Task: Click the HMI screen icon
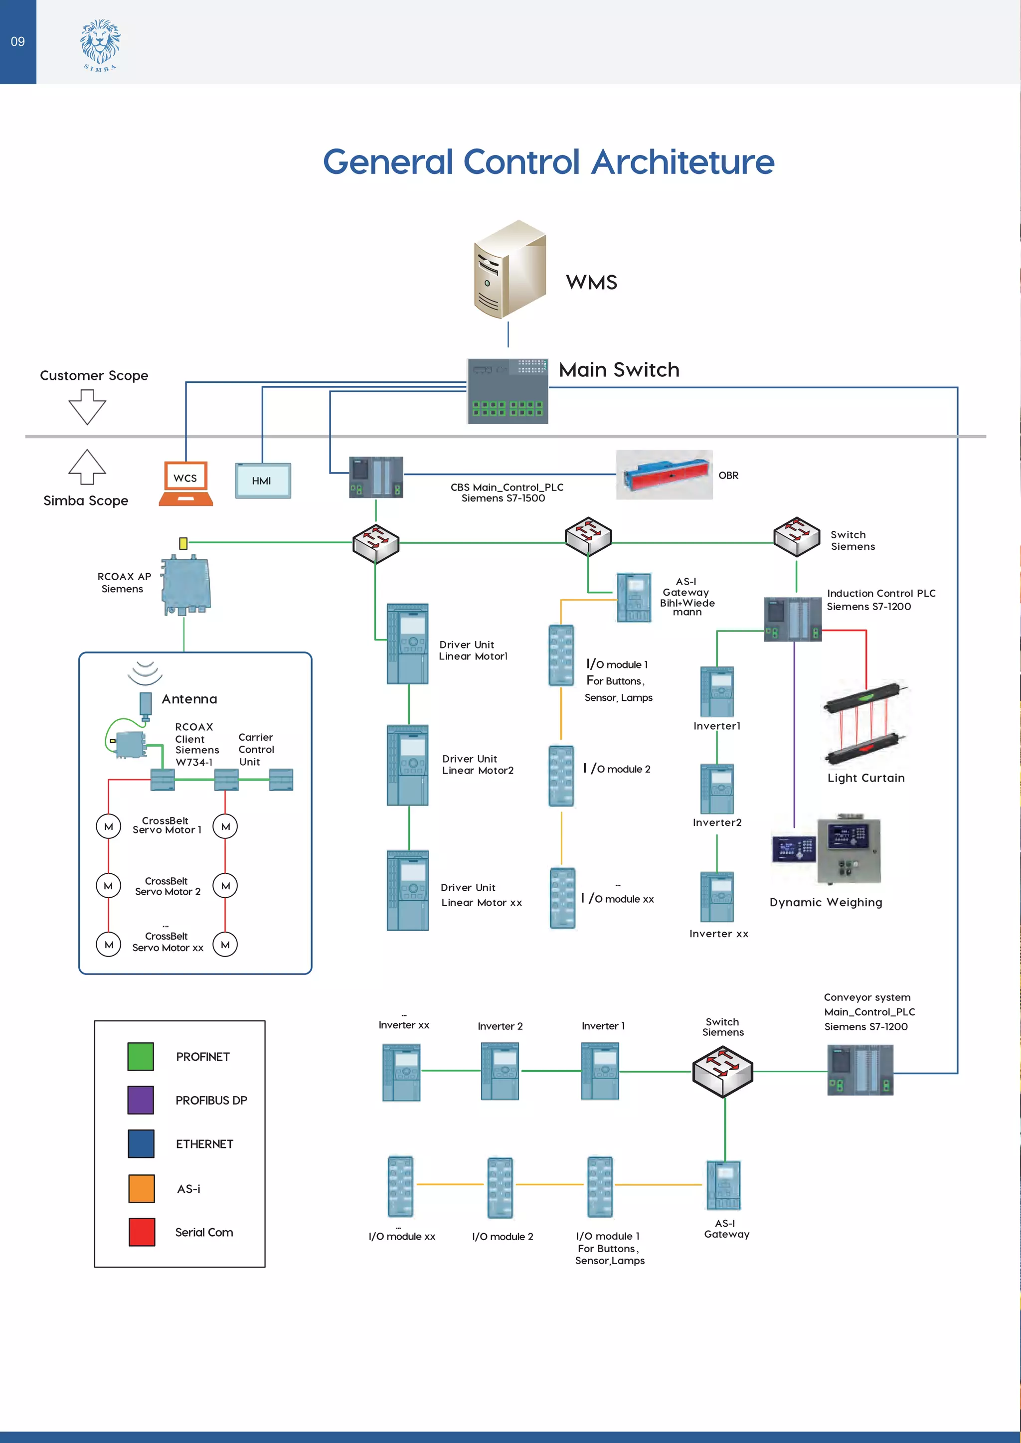(x=263, y=481)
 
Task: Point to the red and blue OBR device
(x=664, y=475)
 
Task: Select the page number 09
(x=17, y=41)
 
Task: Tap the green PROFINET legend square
(x=140, y=1057)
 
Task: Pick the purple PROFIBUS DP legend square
(x=140, y=1100)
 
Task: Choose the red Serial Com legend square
(x=142, y=1232)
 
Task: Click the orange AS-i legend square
(x=142, y=1188)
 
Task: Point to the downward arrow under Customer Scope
(x=87, y=407)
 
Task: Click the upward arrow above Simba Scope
(x=87, y=467)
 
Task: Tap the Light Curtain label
(x=866, y=778)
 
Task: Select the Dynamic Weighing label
(x=826, y=903)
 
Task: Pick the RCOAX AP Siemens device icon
(x=185, y=585)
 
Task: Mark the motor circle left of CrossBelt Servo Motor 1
(x=108, y=826)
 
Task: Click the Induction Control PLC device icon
(x=792, y=619)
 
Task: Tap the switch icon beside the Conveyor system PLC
(x=722, y=1072)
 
